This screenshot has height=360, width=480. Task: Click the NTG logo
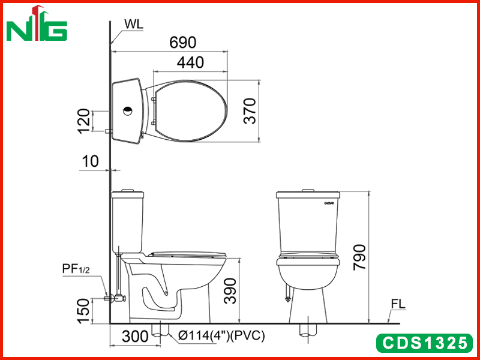point(37,23)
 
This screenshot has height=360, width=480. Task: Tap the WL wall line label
point(134,24)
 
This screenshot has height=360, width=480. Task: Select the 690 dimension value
point(183,43)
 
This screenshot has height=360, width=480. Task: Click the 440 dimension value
point(190,62)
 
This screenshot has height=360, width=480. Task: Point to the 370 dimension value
point(250,111)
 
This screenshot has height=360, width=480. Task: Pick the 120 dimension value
point(83,121)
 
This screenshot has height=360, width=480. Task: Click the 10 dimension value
point(91,161)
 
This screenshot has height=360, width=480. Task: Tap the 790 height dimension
point(359,257)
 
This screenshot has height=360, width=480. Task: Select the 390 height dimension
point(230,291)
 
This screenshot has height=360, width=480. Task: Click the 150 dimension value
point(83,311)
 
